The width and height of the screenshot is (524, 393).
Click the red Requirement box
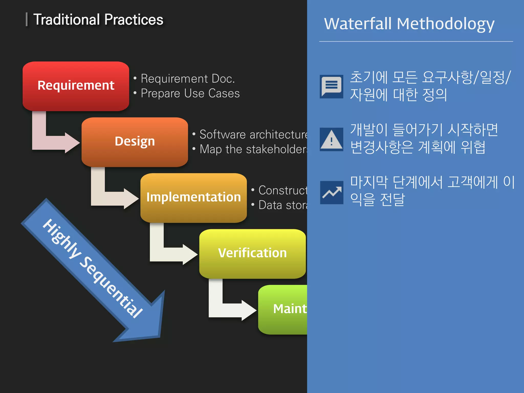[76, 86]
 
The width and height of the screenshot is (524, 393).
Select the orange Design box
[135, 142]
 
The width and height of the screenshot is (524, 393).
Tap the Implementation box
[193, 198]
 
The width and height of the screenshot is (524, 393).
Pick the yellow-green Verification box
[252, 254]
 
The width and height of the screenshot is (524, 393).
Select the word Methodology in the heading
[445, 24]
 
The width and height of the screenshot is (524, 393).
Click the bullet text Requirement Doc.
[188, 79]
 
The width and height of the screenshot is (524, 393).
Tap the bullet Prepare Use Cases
[190, 93]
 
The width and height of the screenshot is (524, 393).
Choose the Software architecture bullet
[253, 135]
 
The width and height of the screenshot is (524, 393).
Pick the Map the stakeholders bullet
[253, 149]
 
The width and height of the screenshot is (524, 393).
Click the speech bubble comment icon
[331, 86]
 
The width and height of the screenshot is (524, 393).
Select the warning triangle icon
[331, 139]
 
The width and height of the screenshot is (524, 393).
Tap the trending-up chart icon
[332, 192]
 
